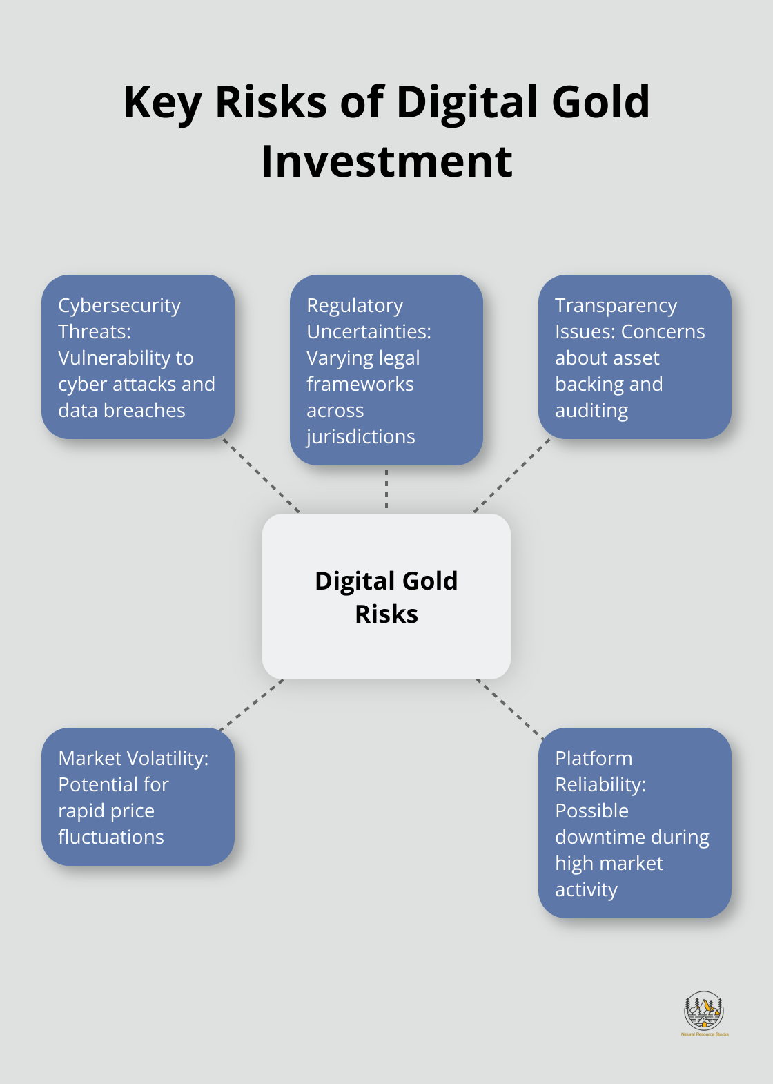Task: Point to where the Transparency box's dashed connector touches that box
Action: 549,439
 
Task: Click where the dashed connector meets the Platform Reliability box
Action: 542,739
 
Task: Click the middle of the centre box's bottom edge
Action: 386,679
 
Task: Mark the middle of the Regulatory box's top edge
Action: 386,275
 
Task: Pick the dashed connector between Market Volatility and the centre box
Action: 251,705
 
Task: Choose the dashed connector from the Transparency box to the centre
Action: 512,476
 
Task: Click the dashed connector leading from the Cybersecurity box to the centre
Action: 262,476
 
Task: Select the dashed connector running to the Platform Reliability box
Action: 510,710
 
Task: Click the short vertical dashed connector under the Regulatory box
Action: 386,490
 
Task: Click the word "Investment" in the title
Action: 386,162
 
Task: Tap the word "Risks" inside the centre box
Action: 386,614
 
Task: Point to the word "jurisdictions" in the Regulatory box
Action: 361,437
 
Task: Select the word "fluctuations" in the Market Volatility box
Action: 111,838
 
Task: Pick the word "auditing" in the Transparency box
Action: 591,411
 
